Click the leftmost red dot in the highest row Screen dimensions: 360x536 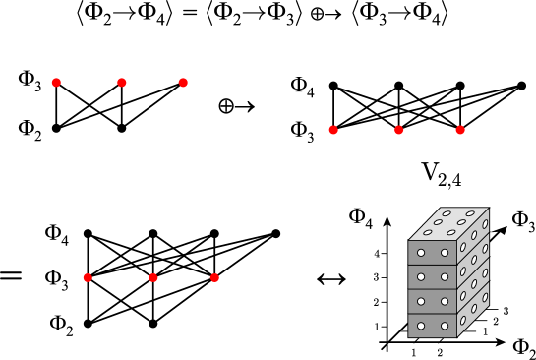click(56, 83)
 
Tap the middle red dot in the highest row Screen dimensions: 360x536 click(122, 83)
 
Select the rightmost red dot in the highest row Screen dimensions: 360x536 click(183, 83)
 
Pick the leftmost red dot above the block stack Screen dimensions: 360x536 click(333, 130)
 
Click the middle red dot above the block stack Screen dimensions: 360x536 click(399, 130)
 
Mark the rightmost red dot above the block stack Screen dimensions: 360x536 click(460, 130)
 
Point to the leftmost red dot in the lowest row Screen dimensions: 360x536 click(88, 278)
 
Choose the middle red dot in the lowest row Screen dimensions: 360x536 click(153, 278)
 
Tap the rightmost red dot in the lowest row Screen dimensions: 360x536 click(214, 278)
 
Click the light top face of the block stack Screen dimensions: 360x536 click(448, 223)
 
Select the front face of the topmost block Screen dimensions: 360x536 click(433, 253)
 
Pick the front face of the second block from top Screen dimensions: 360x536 click(433, 277)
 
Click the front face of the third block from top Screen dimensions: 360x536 click(433, 302)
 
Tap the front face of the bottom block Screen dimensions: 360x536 click(433, 327)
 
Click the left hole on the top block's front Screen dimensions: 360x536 click(421, 253)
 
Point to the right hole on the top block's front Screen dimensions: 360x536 click(445, 253)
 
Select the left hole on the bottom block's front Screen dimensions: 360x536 click(421, 326)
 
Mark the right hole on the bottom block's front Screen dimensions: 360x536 click(445, 326)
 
